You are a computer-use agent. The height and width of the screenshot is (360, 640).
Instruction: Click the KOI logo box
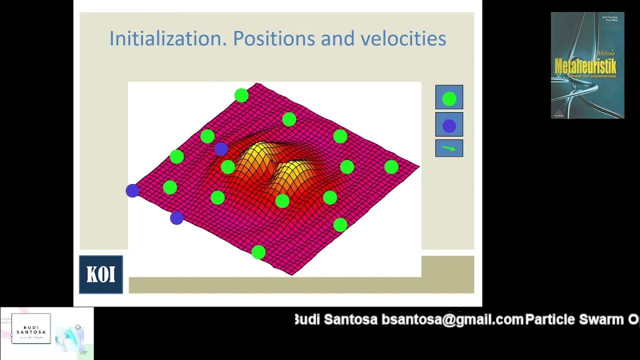101,274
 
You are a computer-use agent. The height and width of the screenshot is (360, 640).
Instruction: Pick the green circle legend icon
449,98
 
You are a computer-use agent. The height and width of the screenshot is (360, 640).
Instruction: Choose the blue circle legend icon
449,125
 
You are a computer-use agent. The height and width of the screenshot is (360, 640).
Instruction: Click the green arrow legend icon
449,148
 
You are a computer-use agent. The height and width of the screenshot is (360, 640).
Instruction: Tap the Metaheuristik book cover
587,65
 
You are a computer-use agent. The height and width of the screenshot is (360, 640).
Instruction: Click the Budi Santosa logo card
31,328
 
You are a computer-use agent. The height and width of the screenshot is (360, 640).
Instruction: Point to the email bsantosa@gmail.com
452,319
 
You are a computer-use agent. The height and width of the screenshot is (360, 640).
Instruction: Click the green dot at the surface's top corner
241,95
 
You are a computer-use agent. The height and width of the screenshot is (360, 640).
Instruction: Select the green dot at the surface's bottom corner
258,252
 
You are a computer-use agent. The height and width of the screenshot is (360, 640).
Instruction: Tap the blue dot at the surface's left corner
132,190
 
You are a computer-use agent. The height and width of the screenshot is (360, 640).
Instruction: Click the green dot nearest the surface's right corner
391,167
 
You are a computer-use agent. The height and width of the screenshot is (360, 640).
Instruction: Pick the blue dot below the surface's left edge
176,218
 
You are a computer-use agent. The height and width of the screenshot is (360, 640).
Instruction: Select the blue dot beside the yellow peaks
221,148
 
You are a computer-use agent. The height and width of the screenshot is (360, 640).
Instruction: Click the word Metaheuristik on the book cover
585,65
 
